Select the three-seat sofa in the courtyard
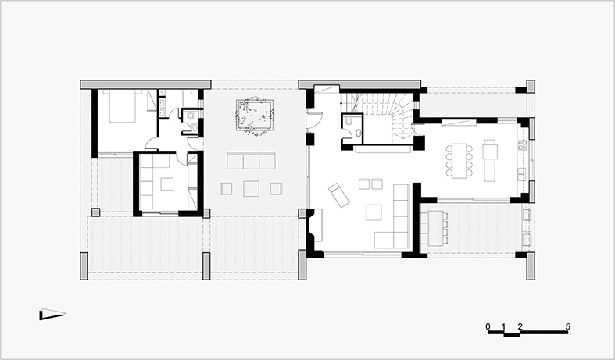250,162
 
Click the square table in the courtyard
252,188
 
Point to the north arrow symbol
52,315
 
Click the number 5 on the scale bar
568,326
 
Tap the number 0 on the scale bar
488,326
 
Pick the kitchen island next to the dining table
491,159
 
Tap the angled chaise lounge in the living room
340,194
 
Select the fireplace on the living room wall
313,226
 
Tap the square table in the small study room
167,184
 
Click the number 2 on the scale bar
520,326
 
